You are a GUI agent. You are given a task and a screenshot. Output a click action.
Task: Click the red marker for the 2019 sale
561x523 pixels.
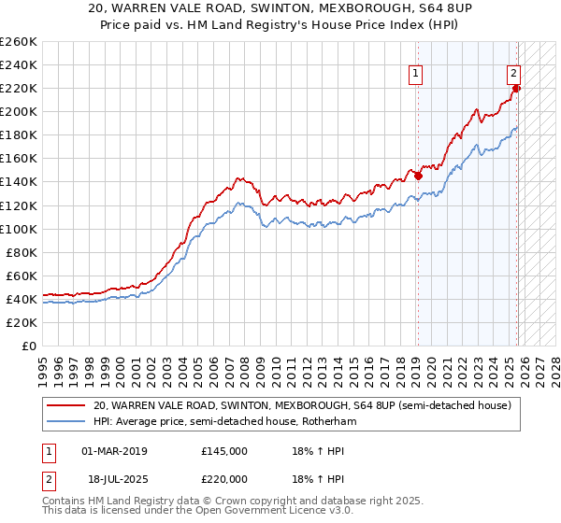(418, 175)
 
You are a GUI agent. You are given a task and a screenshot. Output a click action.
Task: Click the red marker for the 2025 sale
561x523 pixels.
(517, 88)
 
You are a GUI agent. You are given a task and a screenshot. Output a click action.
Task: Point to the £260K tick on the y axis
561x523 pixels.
(19, 42)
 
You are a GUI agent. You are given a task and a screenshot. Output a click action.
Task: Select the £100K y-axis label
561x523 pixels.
(19, 229)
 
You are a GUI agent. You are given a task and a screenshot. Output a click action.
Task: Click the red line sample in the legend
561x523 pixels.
(65, 406)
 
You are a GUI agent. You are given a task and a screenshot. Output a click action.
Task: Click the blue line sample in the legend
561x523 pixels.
(65, 422)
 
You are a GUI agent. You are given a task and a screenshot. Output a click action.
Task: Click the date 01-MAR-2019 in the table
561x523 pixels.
(115, 451)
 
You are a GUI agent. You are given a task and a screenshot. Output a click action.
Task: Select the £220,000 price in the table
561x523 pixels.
(224, 477)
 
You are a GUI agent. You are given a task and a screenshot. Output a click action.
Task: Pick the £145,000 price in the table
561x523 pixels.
(224, 451)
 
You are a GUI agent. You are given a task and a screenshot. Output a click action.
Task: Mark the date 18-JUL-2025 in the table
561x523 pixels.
(114, 477)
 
